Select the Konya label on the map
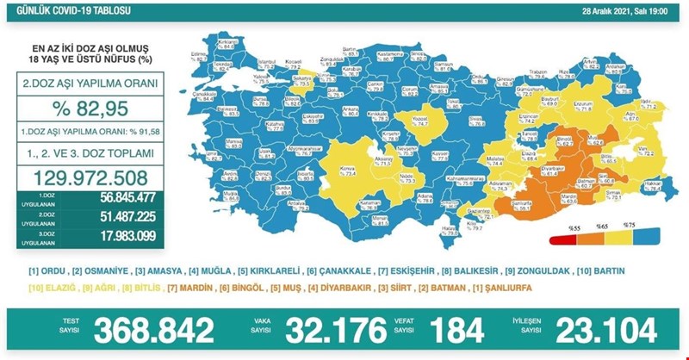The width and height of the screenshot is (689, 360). [x=351, y=167]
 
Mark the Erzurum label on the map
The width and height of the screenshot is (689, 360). [x=586, y=105]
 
